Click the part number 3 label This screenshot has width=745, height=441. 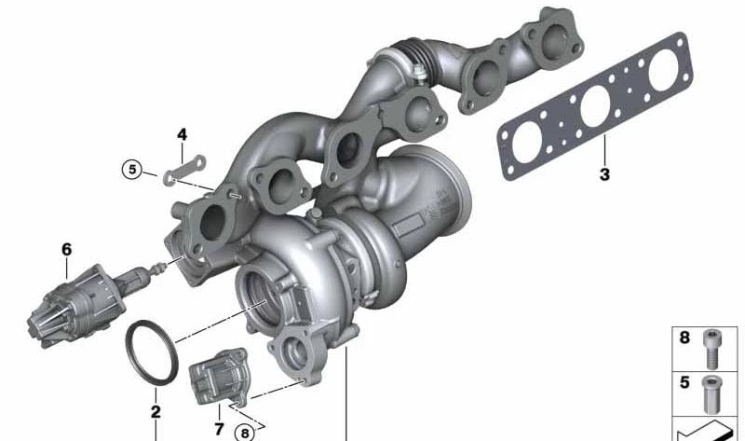(603, 174)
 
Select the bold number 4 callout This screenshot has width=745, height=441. (182, 134)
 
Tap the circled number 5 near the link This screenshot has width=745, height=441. (131, 170)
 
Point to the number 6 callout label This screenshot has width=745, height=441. (66, 249)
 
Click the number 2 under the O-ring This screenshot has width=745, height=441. (156, 411)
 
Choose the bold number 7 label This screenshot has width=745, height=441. (219, 429)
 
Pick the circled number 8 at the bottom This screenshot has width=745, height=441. (245, 433)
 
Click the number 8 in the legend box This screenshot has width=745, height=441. (684, 338)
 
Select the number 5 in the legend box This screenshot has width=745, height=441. (684, 382)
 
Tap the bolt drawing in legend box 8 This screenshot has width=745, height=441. (711, 349)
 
